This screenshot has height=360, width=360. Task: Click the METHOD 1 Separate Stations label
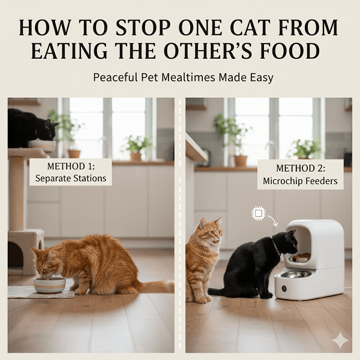(x=70, y=172)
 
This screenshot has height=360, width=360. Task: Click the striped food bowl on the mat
(x=49, y=284)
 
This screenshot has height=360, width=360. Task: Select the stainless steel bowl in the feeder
(x=296, y=275)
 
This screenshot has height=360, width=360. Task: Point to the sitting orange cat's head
(x=210, y=230)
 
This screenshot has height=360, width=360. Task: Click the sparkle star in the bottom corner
(x=340, y=340)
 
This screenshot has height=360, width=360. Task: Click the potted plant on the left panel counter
(x=137, y=148)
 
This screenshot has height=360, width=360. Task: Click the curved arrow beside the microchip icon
(x=273, y=221)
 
